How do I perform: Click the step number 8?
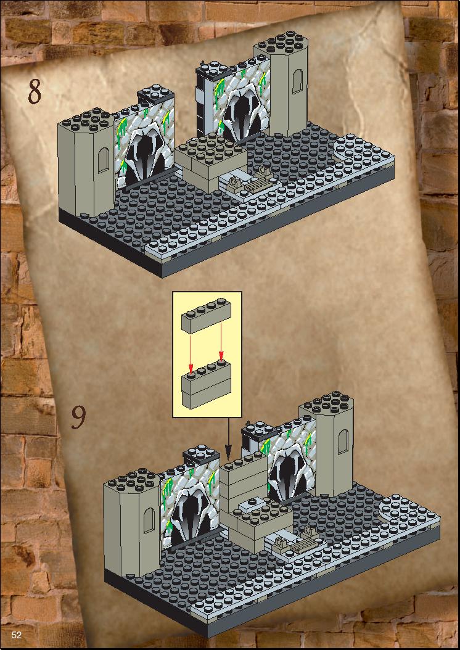click(35, 91)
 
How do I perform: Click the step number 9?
click(78, 417)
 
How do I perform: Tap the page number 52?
click(17, 635)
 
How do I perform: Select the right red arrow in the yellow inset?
click(221, 340)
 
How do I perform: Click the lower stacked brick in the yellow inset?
click(206, 384)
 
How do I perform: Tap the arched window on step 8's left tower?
click(103, 160)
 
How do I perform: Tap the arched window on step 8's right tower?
click(297, 81)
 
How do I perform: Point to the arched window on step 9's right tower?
click(343, 442)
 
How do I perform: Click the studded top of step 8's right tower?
click(281, 44)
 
